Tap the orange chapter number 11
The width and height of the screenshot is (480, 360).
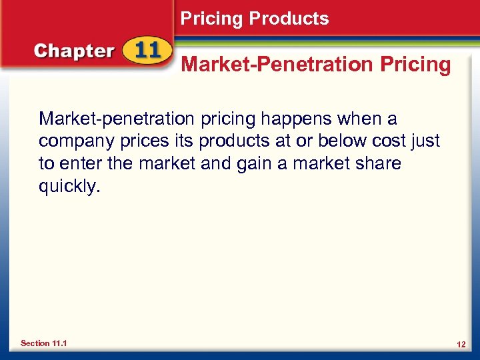145,52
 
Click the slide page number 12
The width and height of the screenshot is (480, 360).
461,343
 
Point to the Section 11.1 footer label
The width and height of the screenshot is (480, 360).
44,343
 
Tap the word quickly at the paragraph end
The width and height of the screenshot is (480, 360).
69,186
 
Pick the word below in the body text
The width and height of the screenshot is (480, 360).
341,141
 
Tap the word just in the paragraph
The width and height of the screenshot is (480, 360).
425,141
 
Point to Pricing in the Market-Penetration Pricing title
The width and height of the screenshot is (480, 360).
415,65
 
